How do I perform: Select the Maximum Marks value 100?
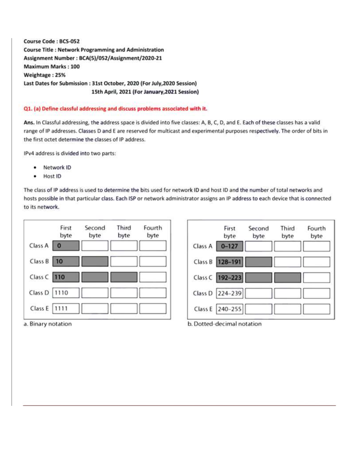(x=75, y=67)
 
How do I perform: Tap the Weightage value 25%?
(x=60, y=75)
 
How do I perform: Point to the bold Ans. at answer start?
(x=29, y=122)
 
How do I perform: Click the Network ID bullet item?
(x=57, y=167)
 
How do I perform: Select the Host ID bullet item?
(x=52, y=176)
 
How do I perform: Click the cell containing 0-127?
(x=229, y=246)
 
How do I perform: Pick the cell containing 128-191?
(x=229, y=262)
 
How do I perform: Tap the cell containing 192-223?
(x=229, y=278)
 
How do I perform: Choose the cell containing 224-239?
(x=229, y=293)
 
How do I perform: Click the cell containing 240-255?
(x=229, y=309)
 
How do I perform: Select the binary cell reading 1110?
(x=66, y=293)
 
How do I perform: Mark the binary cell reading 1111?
(x=66, y=308)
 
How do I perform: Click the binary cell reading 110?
(x=66, y=277)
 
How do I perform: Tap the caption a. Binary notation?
(x=48, y=324)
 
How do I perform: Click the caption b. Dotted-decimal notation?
(x=224, y=324)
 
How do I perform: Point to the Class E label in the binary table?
(x=39, y=308)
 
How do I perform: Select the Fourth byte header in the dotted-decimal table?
(x=316, y=232)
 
